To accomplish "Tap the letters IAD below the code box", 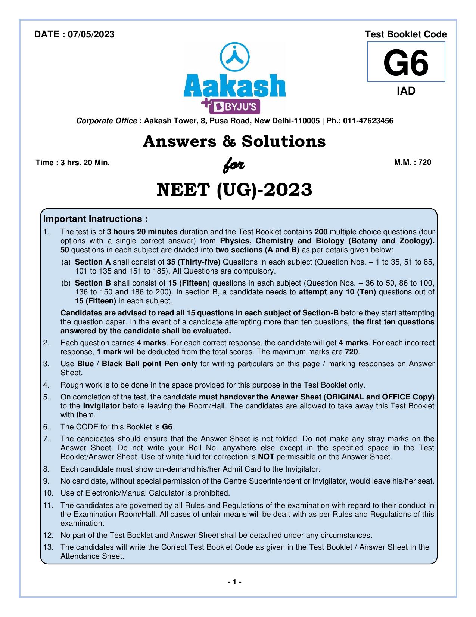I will click(406, 91).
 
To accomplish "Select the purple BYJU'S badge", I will click(234, 108).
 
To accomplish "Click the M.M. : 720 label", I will click(412, 162).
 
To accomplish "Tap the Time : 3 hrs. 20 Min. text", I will click(73, 163).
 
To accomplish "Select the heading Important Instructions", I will click(96, 219).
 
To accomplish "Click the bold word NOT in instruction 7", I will click(266, 457).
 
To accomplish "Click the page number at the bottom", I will click(235, 582).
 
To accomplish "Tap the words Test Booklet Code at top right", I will click(405, 34).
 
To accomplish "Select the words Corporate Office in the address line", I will click(106, 121).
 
